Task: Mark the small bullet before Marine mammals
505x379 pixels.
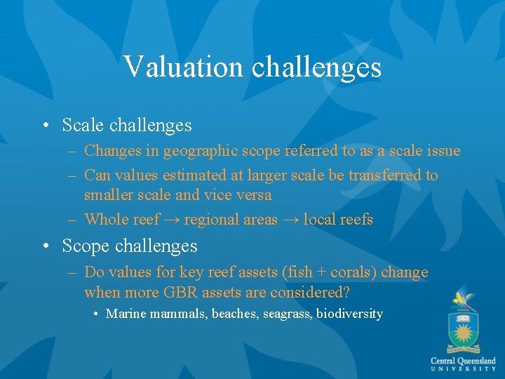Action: pos(95,314)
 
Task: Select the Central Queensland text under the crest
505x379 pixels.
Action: pos(463,360)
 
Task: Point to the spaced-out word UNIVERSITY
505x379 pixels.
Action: pos(463,369)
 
